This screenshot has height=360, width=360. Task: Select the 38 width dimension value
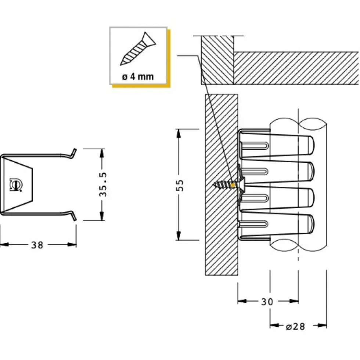point(37,245)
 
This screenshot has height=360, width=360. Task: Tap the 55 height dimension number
point(180,185)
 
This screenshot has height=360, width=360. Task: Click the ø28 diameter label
point(295,326)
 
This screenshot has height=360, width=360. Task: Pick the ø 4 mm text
point(138,76)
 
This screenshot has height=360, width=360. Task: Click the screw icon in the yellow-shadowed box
point(138,49)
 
